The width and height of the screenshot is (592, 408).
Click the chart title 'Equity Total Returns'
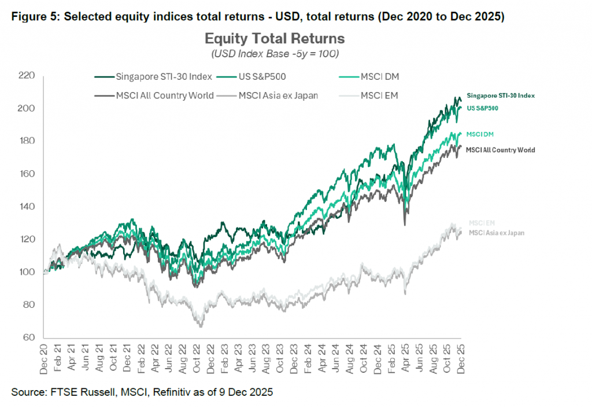275,39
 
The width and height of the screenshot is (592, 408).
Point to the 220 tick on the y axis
27,76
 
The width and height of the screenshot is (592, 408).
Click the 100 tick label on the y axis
27,272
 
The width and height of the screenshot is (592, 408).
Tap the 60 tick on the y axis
29,337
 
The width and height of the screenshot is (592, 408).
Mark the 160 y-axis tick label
27,174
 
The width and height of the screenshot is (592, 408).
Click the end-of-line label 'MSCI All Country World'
500,150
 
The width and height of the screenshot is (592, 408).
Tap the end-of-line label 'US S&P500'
482,108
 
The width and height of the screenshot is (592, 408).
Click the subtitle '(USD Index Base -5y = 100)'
275,54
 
